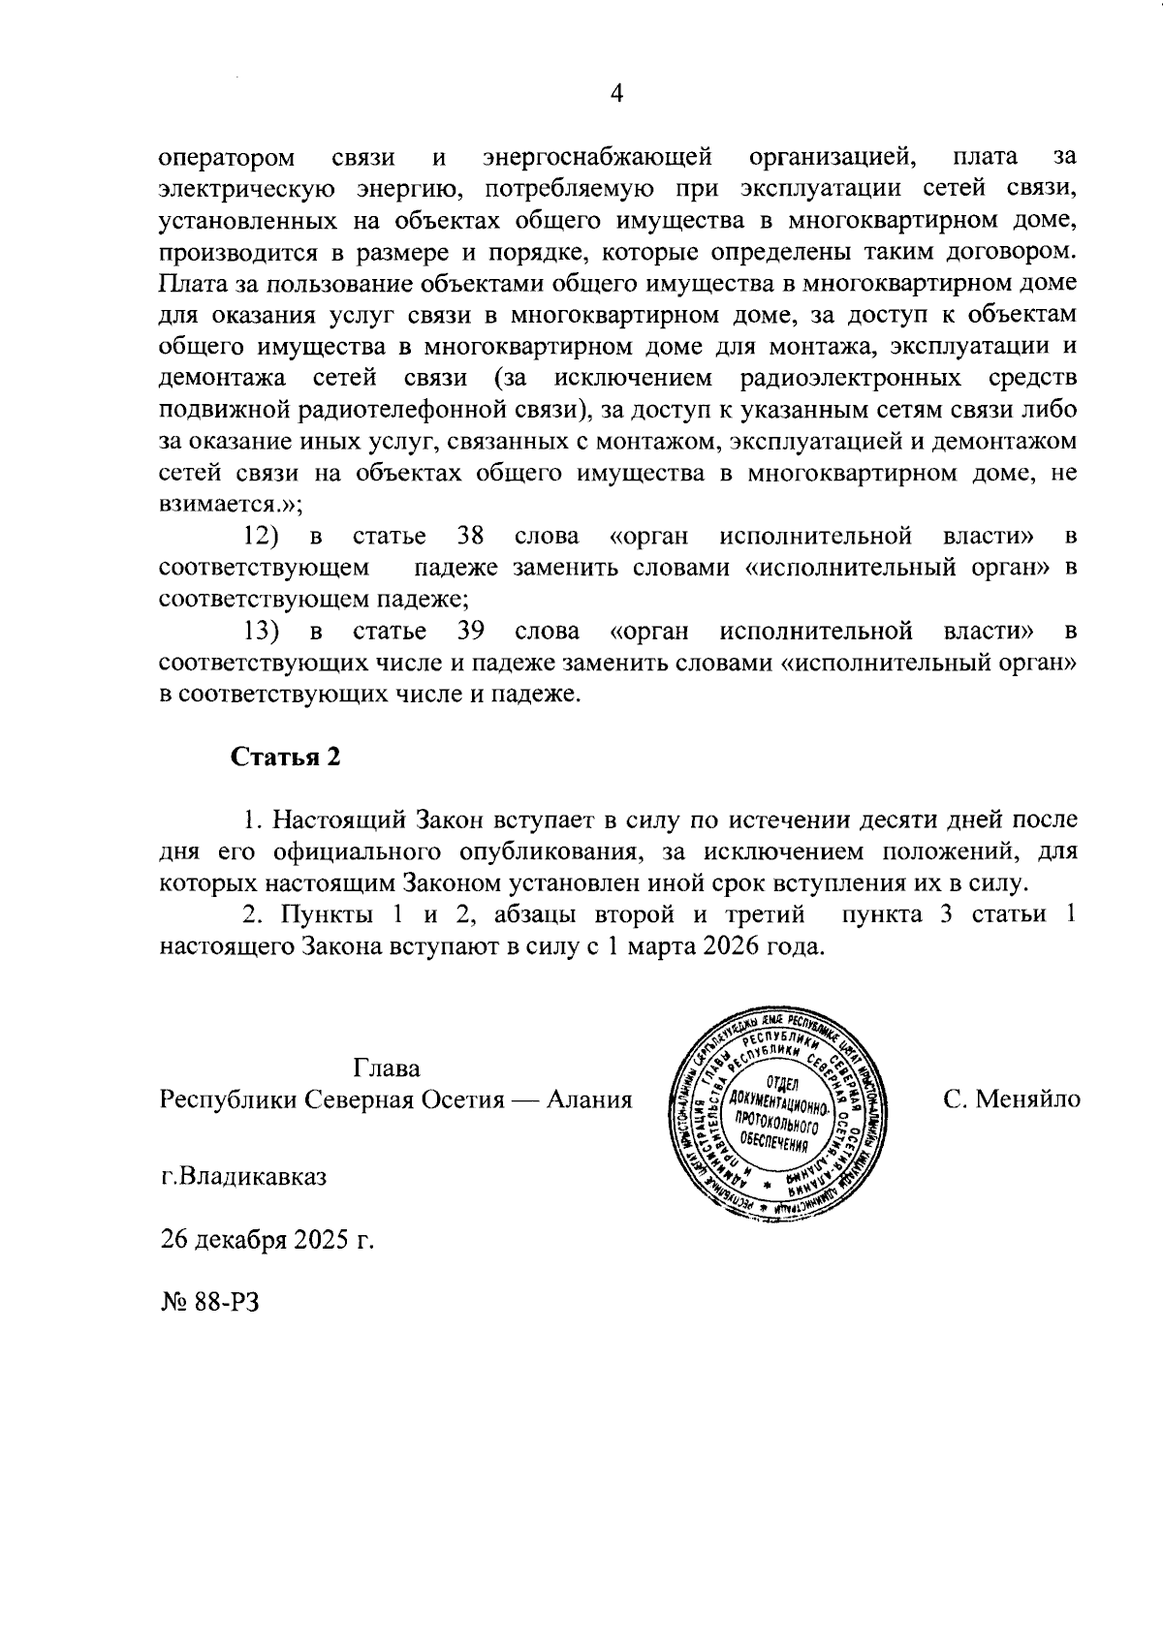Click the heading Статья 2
coord(286,758)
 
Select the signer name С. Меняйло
coord(1011,1100)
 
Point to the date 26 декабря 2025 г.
coord(267,1240)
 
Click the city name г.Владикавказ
coord(243,1178)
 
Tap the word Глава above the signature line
coord(388,1068)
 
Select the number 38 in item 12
coord(470,536)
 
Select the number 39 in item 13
coord(470,633)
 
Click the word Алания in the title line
coord(589,1100)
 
